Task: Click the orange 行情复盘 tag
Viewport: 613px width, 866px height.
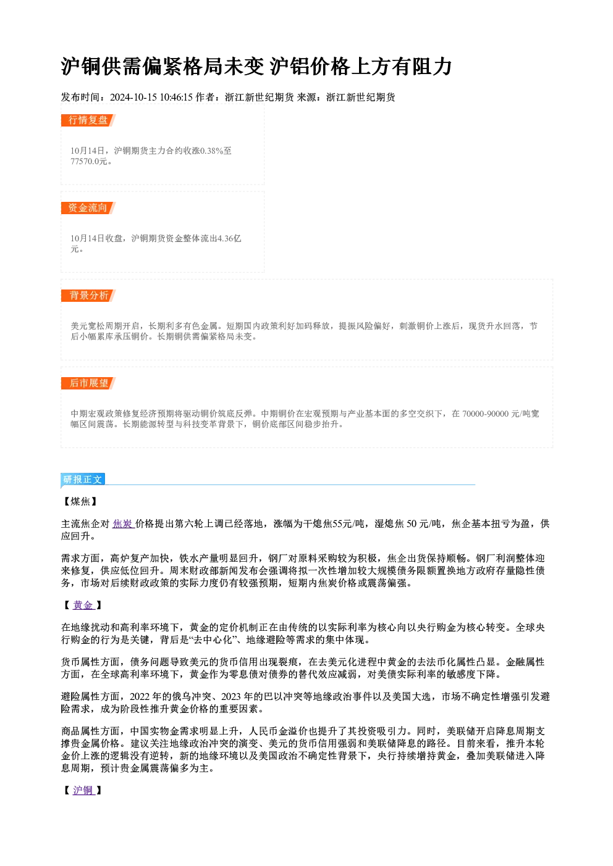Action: [88, 120]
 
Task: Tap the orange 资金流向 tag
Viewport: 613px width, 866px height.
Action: [88, 208]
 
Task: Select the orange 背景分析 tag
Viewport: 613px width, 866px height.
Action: [88, 296]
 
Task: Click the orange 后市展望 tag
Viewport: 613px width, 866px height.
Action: [88, 383]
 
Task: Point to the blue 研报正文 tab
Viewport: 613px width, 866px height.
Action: [83, 480]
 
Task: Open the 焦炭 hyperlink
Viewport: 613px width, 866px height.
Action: [123, 524]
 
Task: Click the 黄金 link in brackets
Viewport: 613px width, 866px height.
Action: [83, 605]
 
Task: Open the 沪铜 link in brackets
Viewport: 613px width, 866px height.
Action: [83, 790]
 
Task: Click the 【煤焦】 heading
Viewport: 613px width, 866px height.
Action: [80, 501]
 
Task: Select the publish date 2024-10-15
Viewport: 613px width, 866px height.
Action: [133, 97]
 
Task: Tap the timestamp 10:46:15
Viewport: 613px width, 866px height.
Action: [176, 97]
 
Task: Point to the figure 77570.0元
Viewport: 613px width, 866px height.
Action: [89, 161]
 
